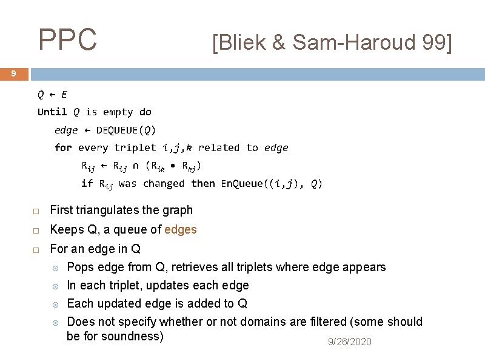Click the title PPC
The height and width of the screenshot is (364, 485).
pyautogui.click(x=67, y=40)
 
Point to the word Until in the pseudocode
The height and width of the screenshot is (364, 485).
pyautogui.click(x=52, y=112)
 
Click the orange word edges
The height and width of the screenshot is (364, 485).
pyautogui.click(x=181, y=229)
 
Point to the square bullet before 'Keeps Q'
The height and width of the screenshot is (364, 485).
pyautogui.click(x=36, y=231)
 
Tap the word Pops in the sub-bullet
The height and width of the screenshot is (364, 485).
pyautogui.click(x=79, y=267)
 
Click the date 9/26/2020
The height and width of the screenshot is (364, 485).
pyautogui.click(x=349, y=342)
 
